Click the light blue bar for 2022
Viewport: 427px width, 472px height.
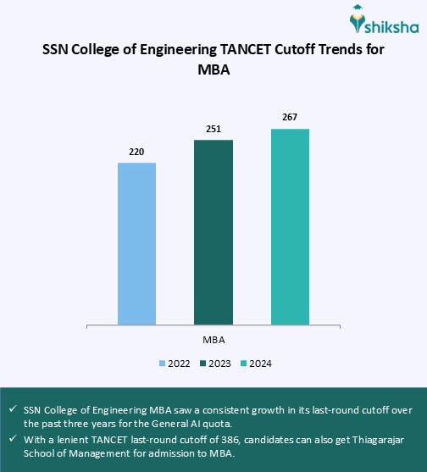(136, 242)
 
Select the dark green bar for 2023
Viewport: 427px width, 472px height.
(213, 231)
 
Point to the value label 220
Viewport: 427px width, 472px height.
(136, 152)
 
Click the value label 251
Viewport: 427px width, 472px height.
(213, 129)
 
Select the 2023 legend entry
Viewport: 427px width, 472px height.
(215, 364)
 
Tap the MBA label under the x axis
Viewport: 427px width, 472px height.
(213, 339)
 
